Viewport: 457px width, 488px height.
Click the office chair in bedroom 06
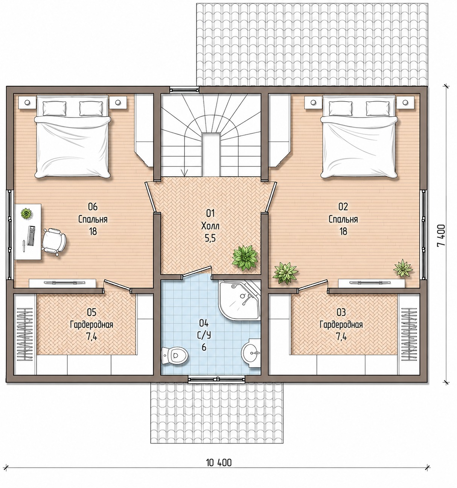pyautogui.click(x=54, y=241)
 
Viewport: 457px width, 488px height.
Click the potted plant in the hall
pyautogui.click(x=245, y=258)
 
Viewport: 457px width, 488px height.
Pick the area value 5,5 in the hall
pyautogui.click(x=210, y=238)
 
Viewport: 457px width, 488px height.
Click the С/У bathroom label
pyautogui.click(x=204, y=335)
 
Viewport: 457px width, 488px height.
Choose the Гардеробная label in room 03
pyautogui.click(x=341, y=325)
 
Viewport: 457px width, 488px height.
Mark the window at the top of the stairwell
pyautogui.click(x=184, y=90)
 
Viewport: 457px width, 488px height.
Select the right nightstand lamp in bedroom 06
pyautogui.click(x=118, y=102)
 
